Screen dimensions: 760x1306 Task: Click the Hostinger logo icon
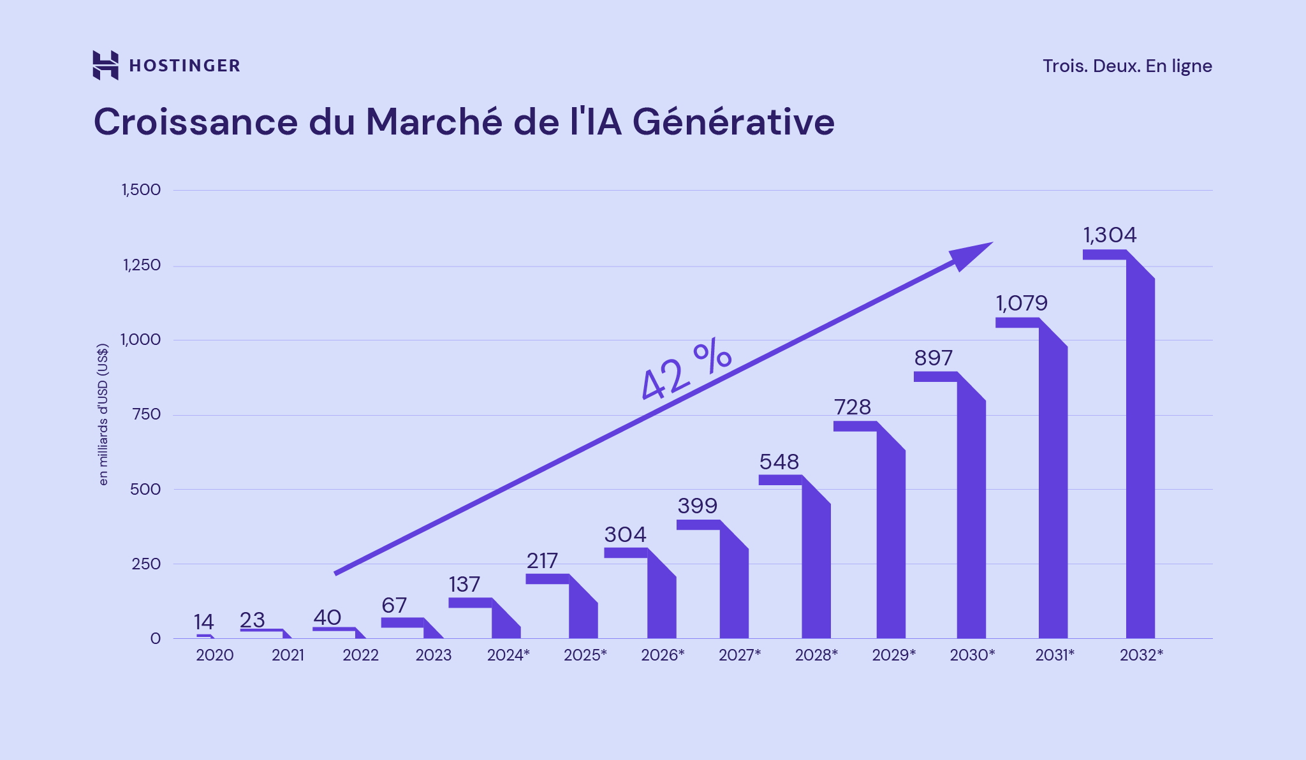click(105, 65)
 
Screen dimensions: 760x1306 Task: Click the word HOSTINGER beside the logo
click(184, 66)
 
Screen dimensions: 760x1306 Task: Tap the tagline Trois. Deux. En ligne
click(1127, 66)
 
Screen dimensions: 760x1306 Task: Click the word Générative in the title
click(733, 121)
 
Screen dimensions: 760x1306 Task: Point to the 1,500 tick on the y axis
click(142, 190)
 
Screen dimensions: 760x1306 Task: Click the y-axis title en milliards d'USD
click(103, 414)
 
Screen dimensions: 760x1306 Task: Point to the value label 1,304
click(1110, 235)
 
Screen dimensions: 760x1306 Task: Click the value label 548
click(779, 462)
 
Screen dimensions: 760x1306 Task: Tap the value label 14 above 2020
click(204, 622)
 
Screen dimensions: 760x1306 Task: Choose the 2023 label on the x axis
click(434, 655)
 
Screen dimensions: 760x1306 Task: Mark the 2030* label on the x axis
click(972, 655)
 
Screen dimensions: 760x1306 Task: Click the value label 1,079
click(1022, 303)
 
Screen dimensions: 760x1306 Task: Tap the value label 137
click(464, 585)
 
